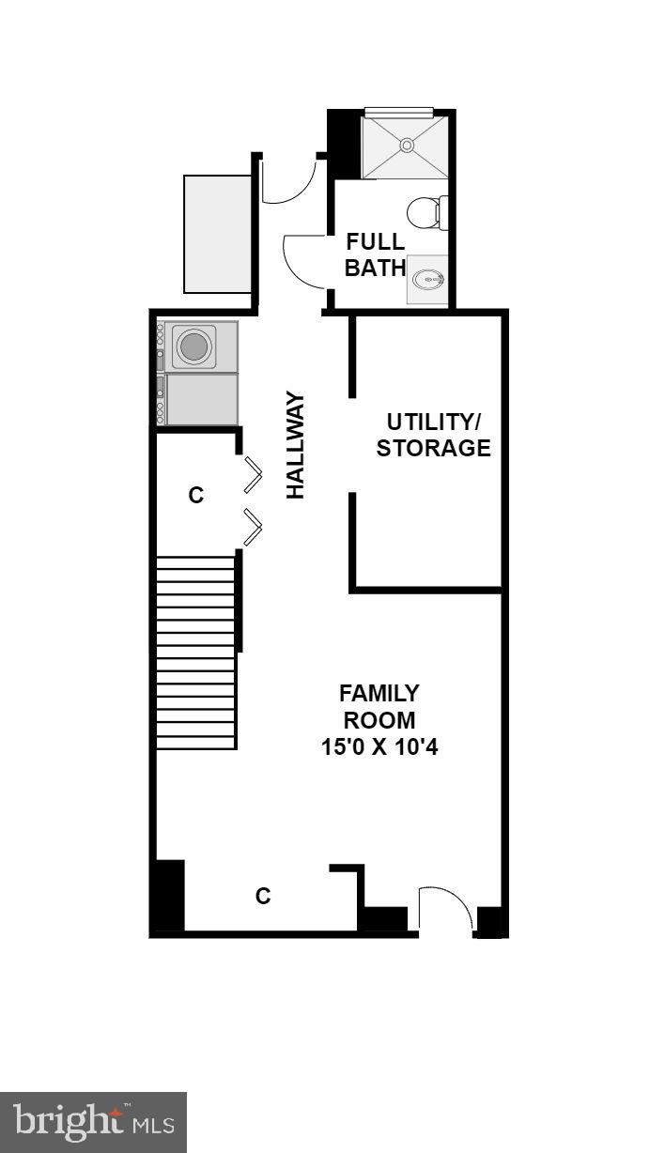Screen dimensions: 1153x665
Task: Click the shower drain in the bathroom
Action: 407,145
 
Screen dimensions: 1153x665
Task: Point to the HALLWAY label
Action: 296,445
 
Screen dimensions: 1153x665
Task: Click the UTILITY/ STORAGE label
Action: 433,435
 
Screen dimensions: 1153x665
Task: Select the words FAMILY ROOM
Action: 379,707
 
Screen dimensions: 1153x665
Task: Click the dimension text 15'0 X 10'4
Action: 379,748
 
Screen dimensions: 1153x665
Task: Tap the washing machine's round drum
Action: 194,346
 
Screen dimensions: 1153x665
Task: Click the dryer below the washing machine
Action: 200,398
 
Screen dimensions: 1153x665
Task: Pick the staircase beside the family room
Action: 195,653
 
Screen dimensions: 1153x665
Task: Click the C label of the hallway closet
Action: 195,495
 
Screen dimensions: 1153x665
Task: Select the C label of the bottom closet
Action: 263,896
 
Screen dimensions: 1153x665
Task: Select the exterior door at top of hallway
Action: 289,182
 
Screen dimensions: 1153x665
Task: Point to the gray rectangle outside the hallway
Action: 217,233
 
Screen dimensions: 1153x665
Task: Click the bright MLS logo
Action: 93,1122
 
